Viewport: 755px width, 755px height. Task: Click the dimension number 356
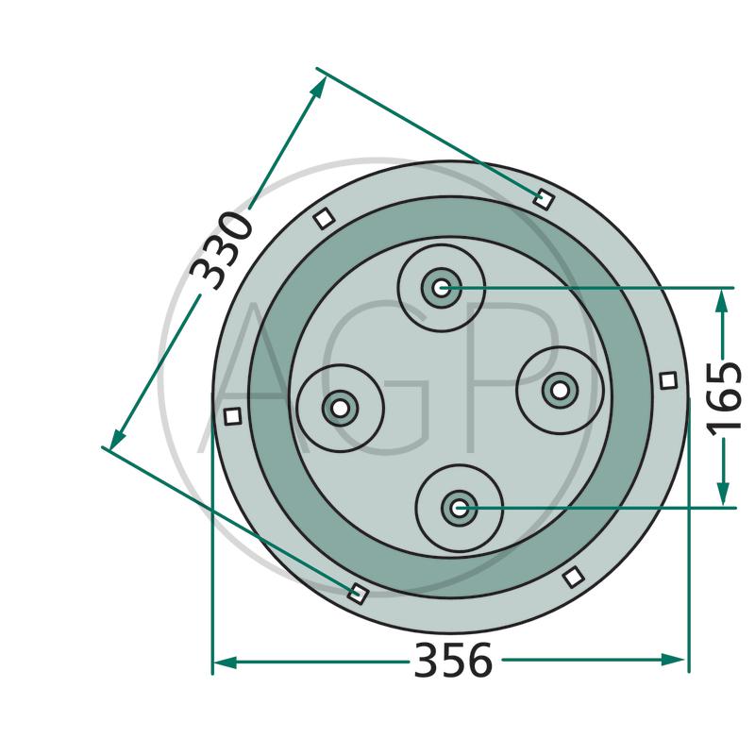pyautogui.click(x=453, y=660)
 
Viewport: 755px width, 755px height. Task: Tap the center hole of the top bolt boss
pyautogui.click(x=441, y=289)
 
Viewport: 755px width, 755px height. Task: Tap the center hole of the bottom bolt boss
pyautogui.click(x=460, y=509)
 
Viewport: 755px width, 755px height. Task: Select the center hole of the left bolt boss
pyautogui.click(x=340, y=409)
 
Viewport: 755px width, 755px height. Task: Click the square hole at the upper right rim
pyautogui.click(x=545, y=198)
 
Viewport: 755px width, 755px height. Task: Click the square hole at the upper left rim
pyautogui.click(x=324, y=219)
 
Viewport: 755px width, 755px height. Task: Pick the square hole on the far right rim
pyautogui.click(x=668, y=380)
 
